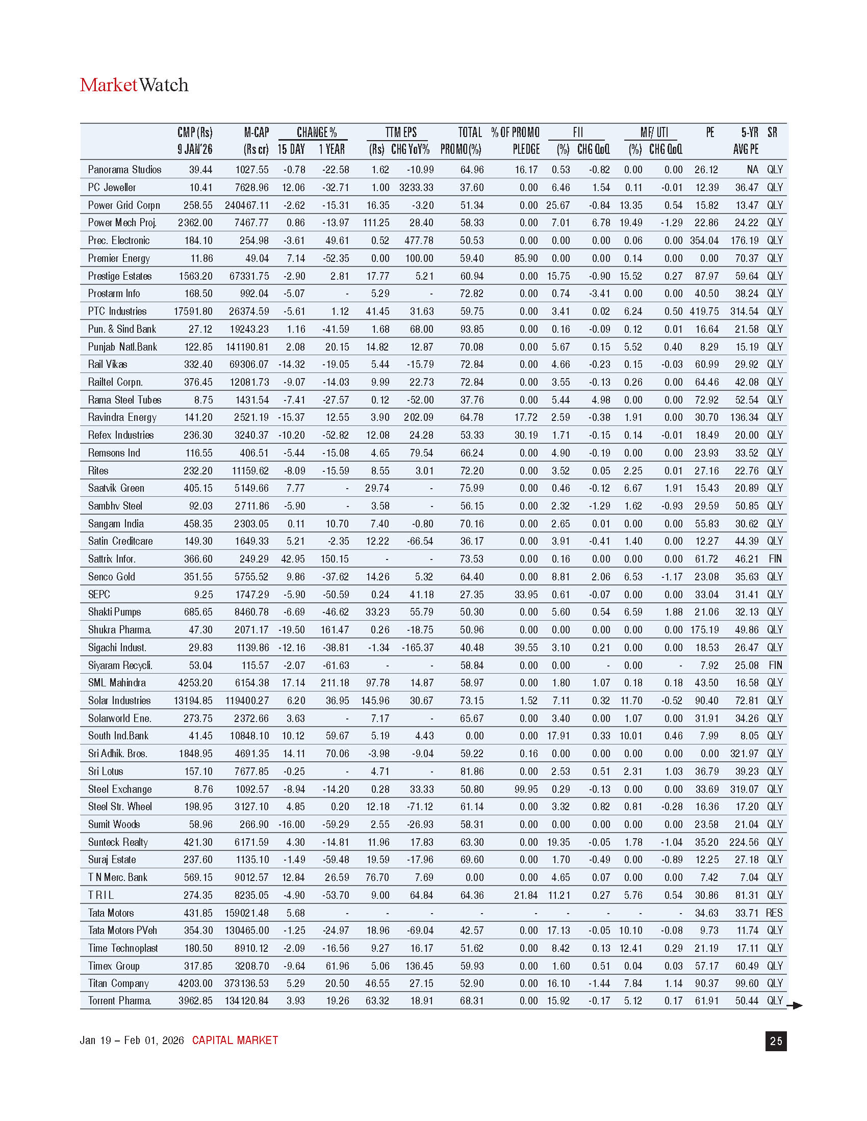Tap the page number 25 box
coord(776,1041)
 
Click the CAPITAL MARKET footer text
coord(235,1040)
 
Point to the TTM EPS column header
coord(401,132)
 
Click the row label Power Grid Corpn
coord(124,205)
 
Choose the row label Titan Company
coord(118,983)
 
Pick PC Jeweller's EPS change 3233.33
coord(416,188)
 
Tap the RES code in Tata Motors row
coord(774,913)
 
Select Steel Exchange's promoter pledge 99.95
coord(526,789)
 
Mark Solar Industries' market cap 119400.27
coord(247,701)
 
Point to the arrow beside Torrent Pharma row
coord(795,1005)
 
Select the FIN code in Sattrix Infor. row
coord(775,559)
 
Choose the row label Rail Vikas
coord(107,364)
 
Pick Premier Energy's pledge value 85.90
coord(526,258)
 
